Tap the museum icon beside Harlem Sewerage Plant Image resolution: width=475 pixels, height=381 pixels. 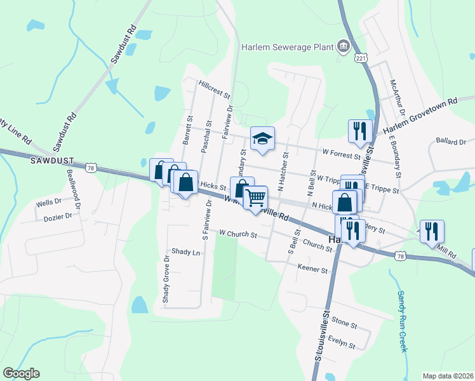pos(343,46)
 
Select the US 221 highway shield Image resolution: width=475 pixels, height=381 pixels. pos(361,58)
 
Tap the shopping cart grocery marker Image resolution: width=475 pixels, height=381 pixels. pos(255,197)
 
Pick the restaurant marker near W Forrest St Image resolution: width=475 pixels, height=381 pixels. pos(360,131)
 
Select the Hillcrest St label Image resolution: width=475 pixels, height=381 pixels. pos(214,88)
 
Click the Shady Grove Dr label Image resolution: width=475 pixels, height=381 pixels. pos(166,279)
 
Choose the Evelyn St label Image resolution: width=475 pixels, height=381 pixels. pos(342,343)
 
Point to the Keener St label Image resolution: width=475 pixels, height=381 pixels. pos(312,269)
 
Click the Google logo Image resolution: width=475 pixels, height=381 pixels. pos(21,373)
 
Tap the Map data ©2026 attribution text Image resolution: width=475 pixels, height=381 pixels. pos(448,375)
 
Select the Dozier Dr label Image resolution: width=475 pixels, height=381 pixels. pos(58,217)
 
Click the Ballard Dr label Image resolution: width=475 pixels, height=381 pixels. pos(452,141)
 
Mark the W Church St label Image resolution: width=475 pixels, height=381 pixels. pos(237,234)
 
